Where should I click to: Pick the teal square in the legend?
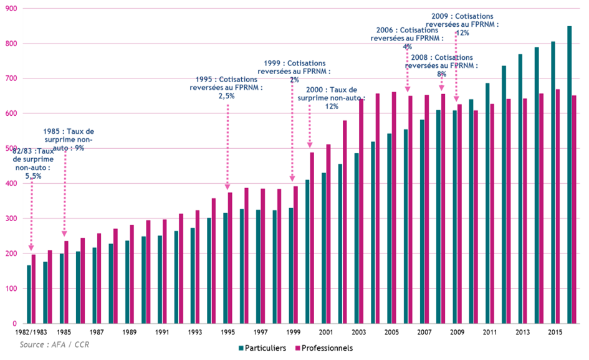[x=241, y=348]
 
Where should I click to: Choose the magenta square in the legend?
[x=297, y=348]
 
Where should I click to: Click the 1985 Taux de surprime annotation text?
[x=69, y=140]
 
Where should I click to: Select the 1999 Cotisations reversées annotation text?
[x=294, y=72]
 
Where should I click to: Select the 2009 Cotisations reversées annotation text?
[x=462, y=24]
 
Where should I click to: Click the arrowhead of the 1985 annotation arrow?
[x=64, y=234]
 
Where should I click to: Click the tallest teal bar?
[x=570, y=174]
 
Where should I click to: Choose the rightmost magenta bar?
[x=575, y=209]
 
